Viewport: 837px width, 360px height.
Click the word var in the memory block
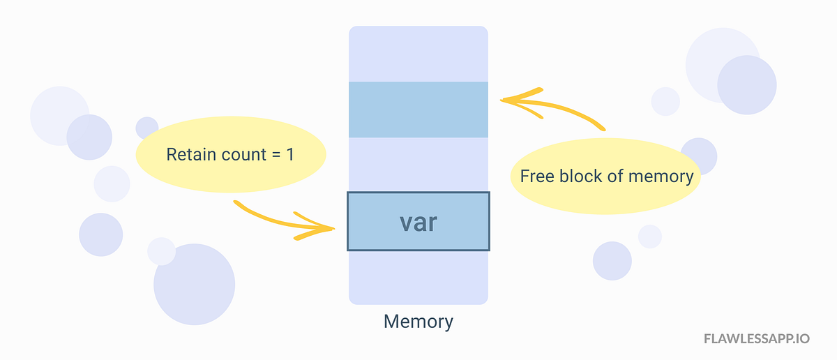point(418,223)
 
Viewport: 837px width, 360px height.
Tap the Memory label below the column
point(418,322)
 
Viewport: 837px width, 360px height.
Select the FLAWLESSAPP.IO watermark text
point(756,339)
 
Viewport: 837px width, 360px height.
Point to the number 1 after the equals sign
point(289,154)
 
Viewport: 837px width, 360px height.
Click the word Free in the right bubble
point(536,176)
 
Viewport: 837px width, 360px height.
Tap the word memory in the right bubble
point(661,176)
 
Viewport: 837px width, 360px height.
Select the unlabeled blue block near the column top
point(418,109)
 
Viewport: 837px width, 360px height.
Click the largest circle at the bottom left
point(194,284)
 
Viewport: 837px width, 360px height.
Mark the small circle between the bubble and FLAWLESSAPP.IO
point(649,237)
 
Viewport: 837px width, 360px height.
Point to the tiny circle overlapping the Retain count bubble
point(146,128)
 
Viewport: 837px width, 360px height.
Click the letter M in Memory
point(391,322)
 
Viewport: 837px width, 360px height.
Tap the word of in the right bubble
point(614,176)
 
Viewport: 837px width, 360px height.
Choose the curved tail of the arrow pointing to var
point(251,207)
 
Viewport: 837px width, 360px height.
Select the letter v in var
point(406,223)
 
